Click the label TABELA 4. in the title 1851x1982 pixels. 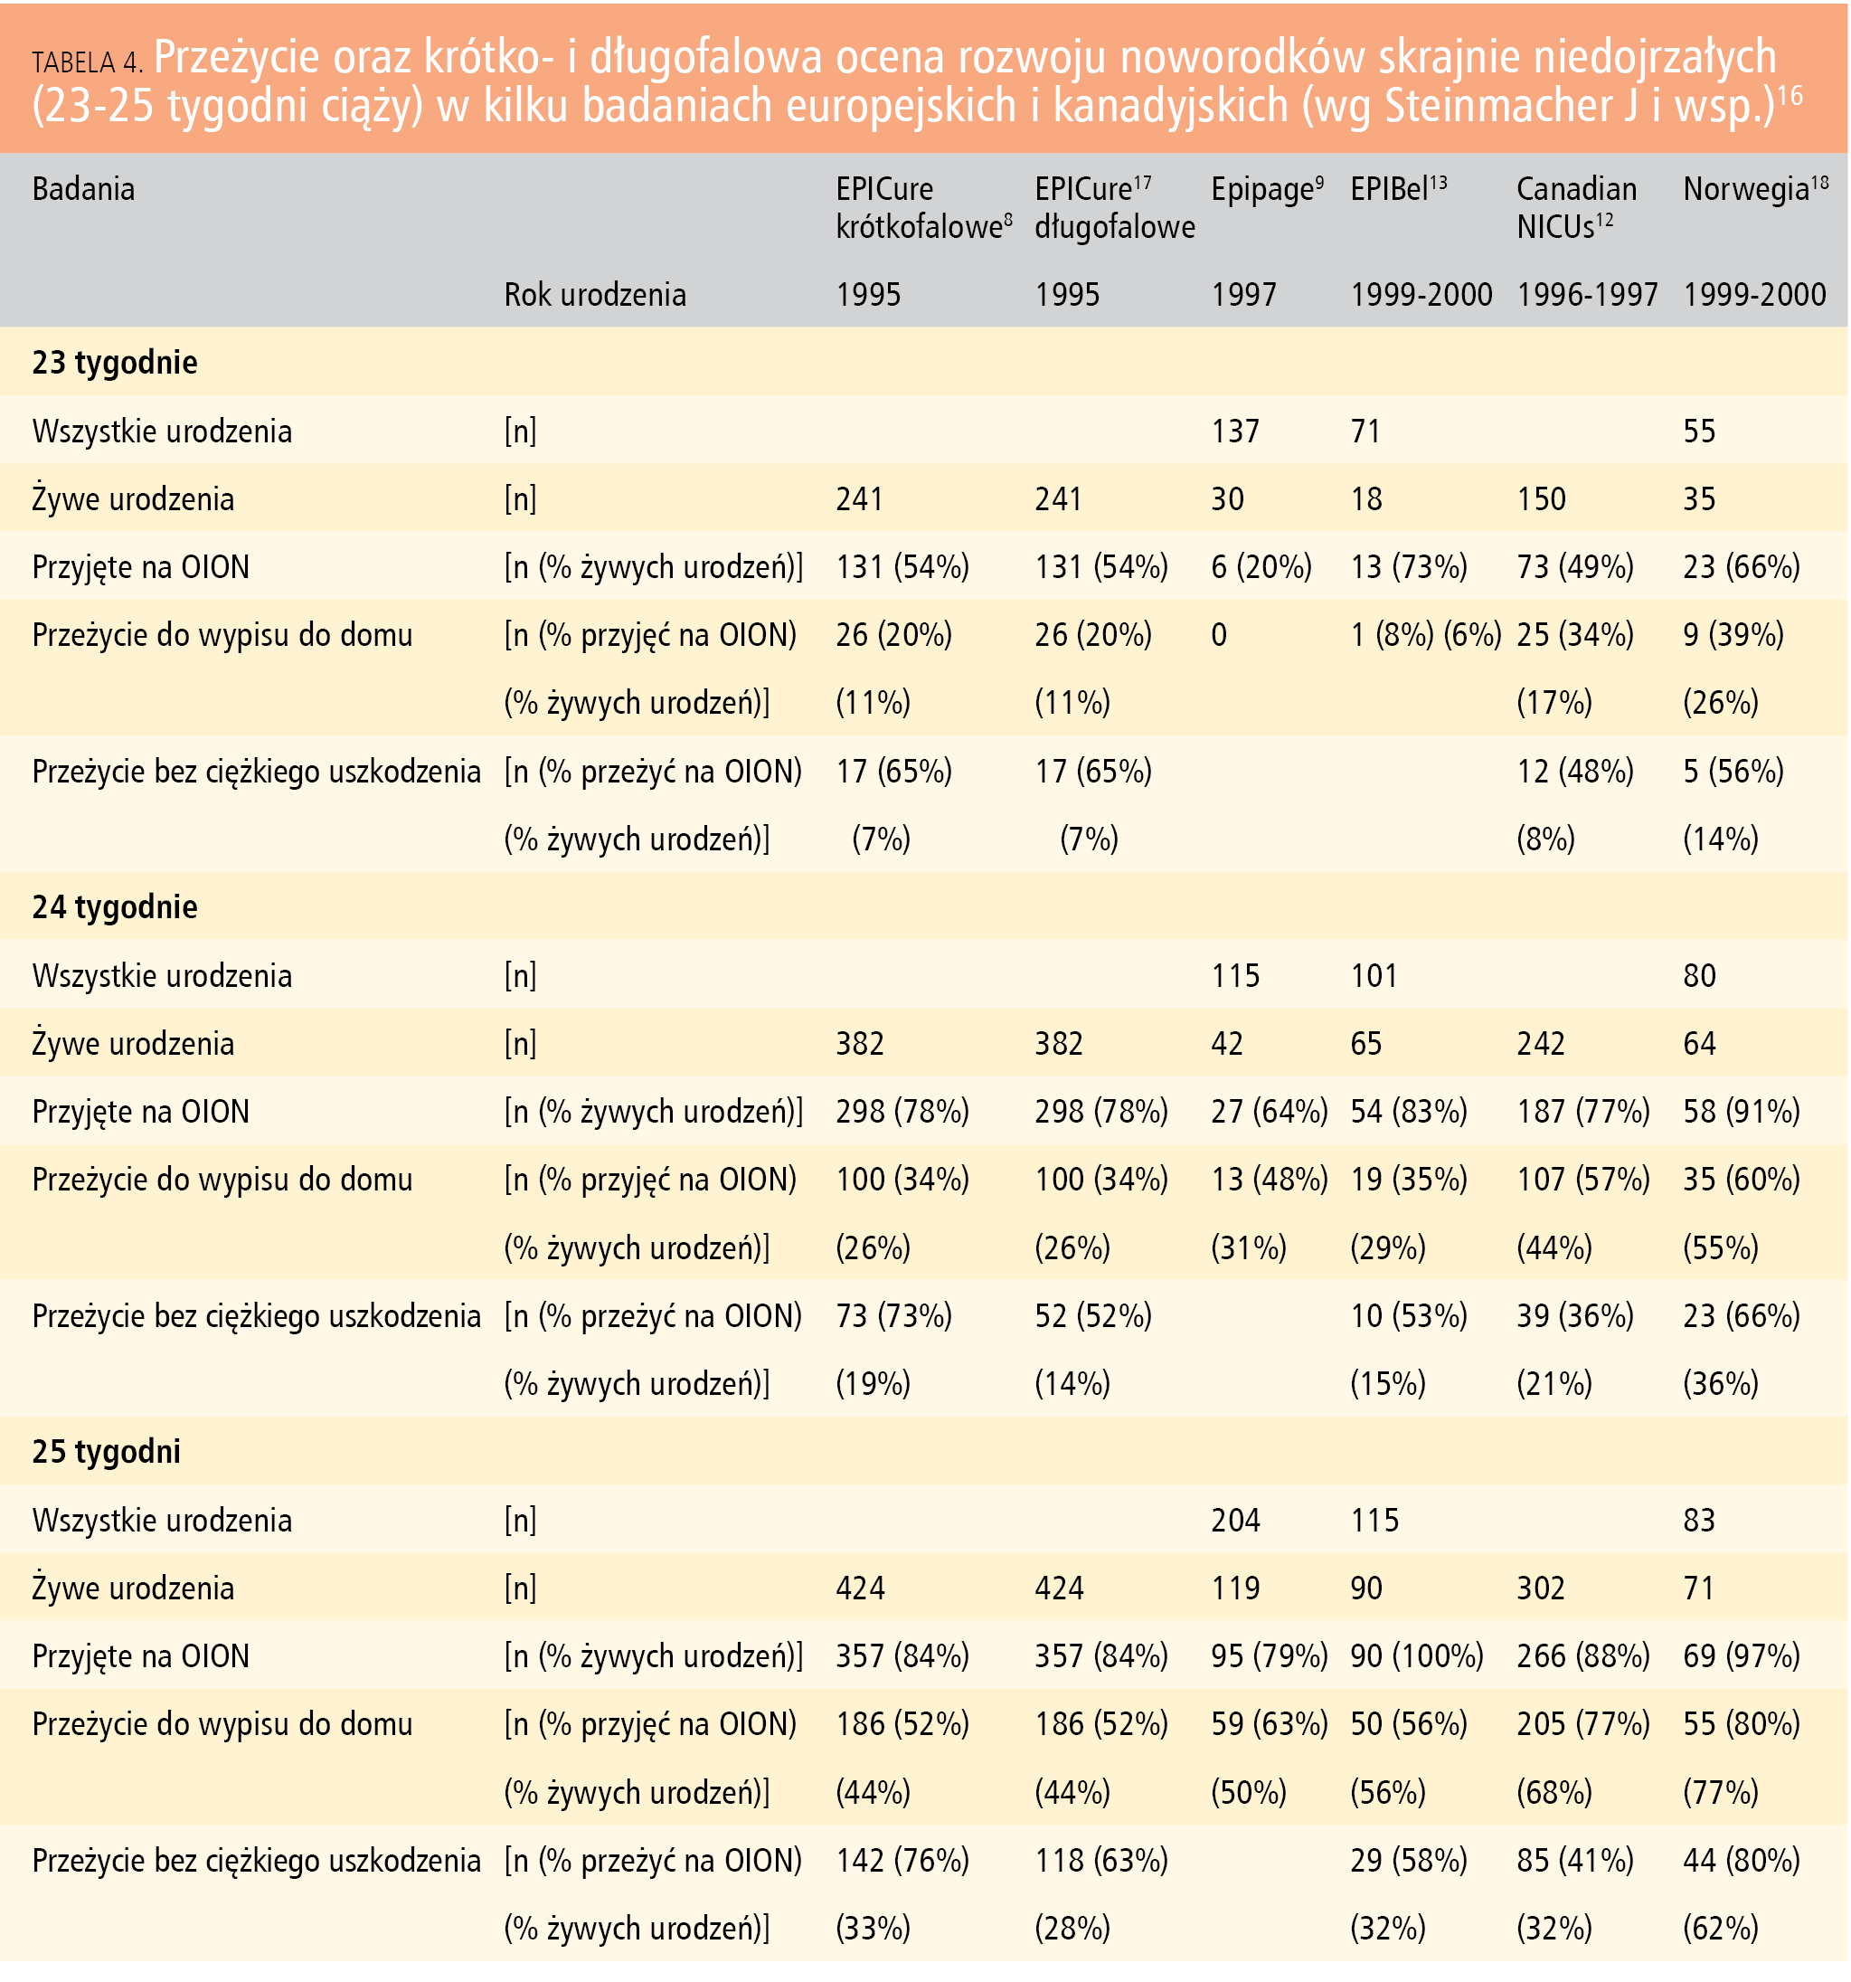(x=87, y=62)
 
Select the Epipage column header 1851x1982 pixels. (x=1267, y=189)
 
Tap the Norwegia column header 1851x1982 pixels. (x=1755, y=189)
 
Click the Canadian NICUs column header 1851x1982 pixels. (x=1576, y=207)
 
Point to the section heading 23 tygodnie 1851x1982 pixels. (x=115, y=362)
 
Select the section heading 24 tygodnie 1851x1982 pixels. (x=115, y=906)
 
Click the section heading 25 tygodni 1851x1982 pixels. (x=107, y=1452)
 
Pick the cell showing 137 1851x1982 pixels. (x=1235, y=431)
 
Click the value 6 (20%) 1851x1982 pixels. (x=1261, y=566)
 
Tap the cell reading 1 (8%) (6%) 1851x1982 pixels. (x=1425, y=634)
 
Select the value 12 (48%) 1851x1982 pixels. (x=1575, y=771)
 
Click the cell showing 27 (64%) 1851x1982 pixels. (x=1269, y=1111)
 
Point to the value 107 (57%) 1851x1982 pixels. (x=1582, y=1180)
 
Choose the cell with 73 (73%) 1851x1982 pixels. (x=893, y=1316)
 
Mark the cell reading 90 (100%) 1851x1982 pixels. (x=1416, y=1656)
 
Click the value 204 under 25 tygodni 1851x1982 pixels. (x=1235, y=1520)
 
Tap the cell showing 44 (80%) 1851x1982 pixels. (x=1742, y=1861)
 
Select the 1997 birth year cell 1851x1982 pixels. (x=1243, y=294)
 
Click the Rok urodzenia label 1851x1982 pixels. (x=595, y=294)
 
